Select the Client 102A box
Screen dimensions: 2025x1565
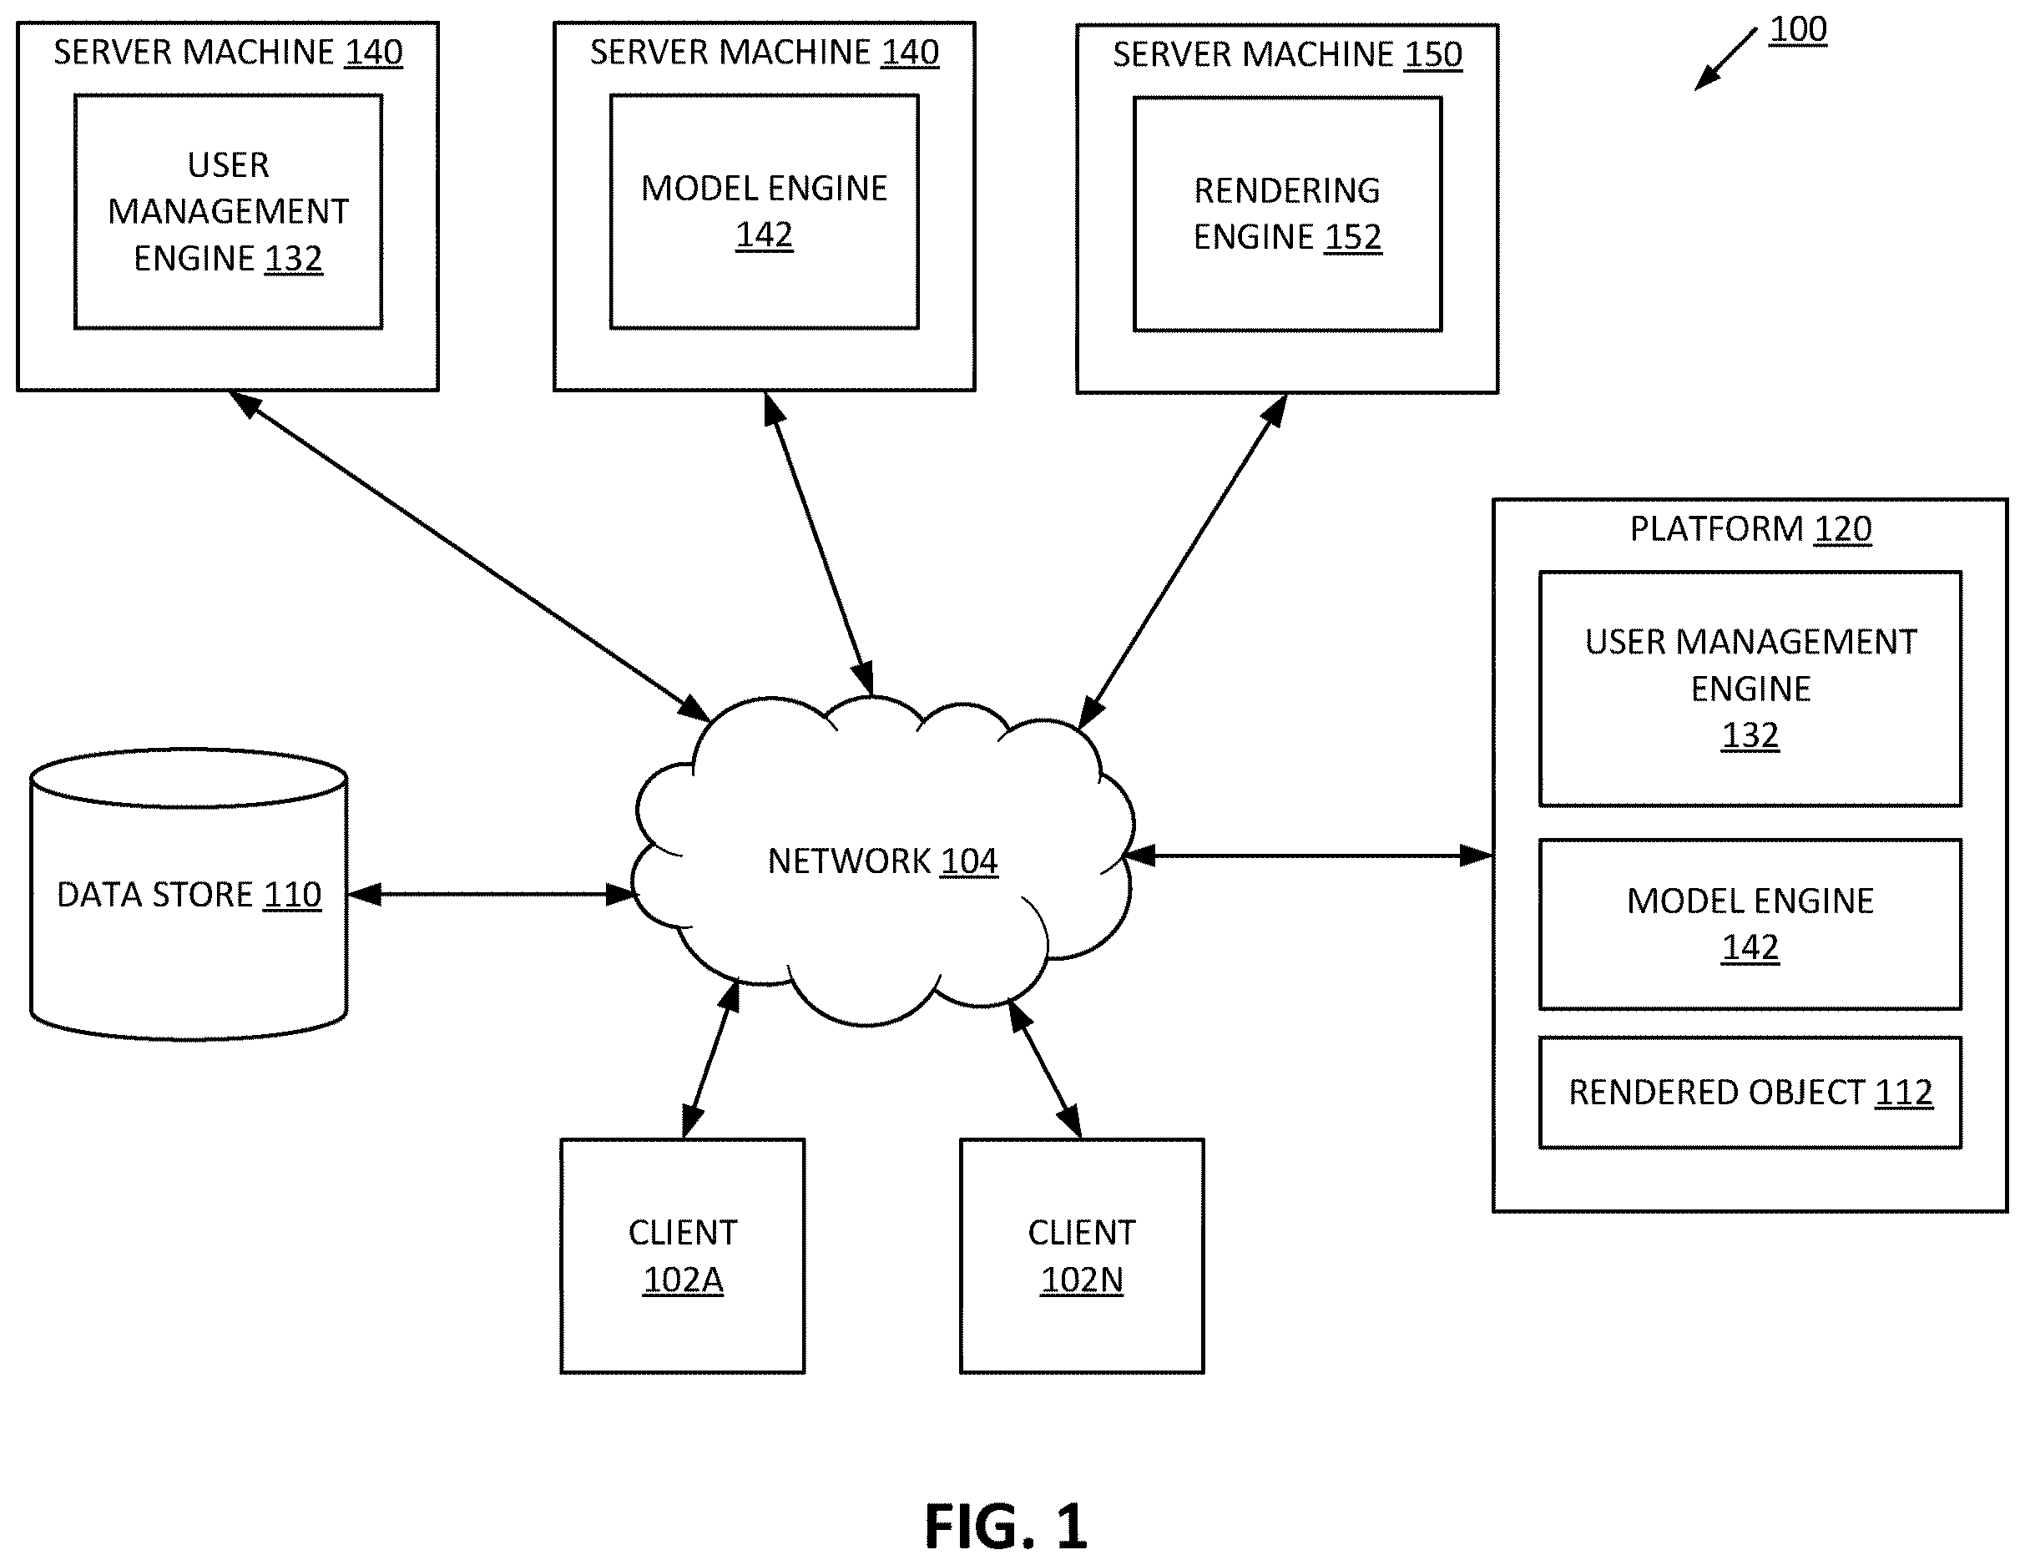click(x=683, y=1255)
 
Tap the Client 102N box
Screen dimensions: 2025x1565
click(x=1081, y=1255)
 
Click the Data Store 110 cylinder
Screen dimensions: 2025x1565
click(x=189, y=894)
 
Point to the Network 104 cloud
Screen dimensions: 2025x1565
click(x=881, y=861)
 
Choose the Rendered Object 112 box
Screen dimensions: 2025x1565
click(x=1750, y=1093)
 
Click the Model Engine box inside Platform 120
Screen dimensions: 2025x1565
click(x=1750, y=923)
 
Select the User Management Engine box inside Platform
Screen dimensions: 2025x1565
click(x=1750, y=688)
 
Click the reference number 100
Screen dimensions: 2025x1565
click(x=1798, y=30)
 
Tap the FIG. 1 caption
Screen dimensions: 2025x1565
click(x=1006, y=1526)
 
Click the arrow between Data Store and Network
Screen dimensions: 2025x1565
click(x=492, y=894)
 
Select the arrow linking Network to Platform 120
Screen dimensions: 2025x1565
click(x=1309, y=855)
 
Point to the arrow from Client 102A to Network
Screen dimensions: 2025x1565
click(x=711, y=1060)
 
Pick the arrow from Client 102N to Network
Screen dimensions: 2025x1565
click(x=1045, y=1069)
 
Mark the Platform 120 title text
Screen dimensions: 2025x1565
click(x=1750, y=528)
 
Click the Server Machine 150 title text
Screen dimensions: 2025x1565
click(x=1287, y=55)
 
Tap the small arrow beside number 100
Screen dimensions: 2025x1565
click(x=1725, y=59)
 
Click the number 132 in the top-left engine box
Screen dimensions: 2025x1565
click(x=293, y=258)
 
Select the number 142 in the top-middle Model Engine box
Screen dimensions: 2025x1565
click(x=764, y=235)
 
